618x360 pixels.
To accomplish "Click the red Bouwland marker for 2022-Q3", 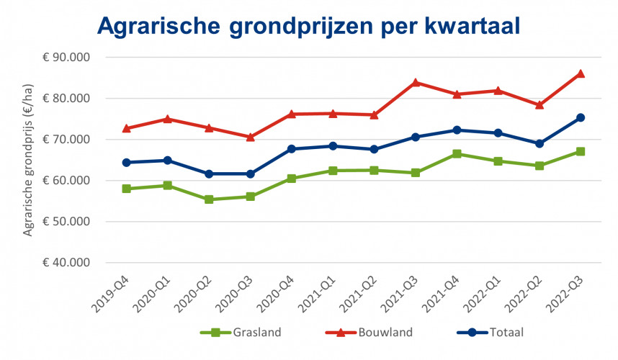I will pyautogui.click(x=581, y=73).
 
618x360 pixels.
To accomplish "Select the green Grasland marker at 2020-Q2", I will pyautogui.click(x=209, y=199).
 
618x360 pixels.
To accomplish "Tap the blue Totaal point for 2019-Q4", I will pyautogui.click(x=127, y=163).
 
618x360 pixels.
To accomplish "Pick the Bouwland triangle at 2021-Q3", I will pyautogui.click(x=416, y=82).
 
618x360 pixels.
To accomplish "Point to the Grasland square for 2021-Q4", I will pyautogui.click(x=457, y=153).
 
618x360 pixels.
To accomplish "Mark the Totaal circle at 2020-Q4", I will pyautogui.click(x=292, y=149).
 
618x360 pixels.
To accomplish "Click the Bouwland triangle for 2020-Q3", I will pyautogui.click(x=251, y=137).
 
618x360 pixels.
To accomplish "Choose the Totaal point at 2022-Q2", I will pyautogui.click(x=539, y=143).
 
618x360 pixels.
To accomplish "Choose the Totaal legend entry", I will pyautogui.click(x=498, y=333).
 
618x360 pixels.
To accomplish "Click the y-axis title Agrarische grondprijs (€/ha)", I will pyautogui.click(x=29, y=159).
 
